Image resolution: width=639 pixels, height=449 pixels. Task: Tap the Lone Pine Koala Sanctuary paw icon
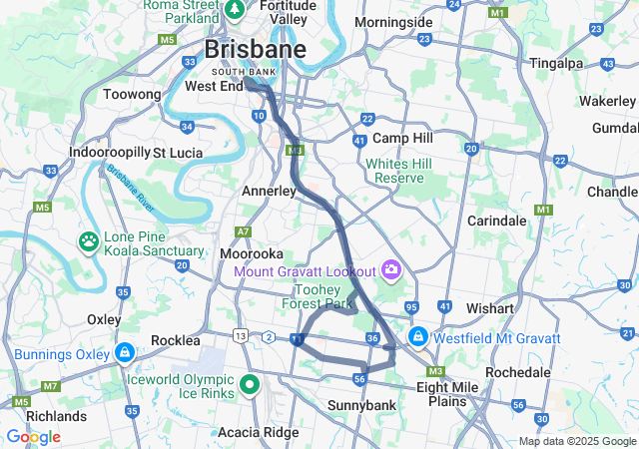89,240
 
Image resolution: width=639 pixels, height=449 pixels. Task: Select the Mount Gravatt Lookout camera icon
391,270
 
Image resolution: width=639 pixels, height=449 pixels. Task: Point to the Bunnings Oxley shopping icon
124,353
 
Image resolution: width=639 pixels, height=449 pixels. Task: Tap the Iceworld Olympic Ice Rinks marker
249,384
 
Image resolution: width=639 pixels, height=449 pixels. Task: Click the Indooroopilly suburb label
109,153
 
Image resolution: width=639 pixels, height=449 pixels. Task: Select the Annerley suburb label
269,190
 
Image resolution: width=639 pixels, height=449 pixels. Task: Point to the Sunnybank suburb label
361,405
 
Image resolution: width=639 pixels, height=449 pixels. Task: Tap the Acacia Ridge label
259,431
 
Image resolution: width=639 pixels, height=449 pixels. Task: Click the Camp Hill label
402,138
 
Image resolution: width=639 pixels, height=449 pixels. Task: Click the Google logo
33,437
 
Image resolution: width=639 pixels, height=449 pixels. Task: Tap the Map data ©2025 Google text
576,442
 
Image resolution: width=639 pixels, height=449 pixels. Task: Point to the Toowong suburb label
132,94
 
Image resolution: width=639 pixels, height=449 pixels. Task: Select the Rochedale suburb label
516,371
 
